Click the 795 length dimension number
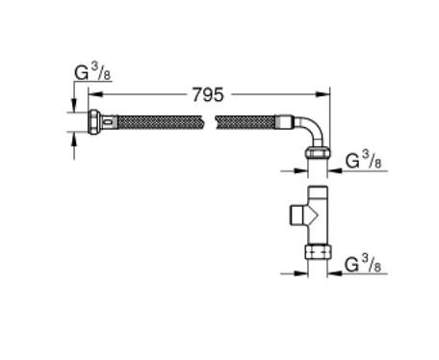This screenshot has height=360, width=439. coord(208,94)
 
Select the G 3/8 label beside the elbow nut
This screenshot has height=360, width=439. coord(363,160)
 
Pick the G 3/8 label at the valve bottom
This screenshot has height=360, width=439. coord(363,263)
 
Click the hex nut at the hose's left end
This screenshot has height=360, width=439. coord(95,123)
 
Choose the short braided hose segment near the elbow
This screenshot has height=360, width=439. coord(245,123)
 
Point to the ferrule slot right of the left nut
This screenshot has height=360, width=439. coord(113,123)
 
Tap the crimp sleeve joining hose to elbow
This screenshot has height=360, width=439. coord(285,123)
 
